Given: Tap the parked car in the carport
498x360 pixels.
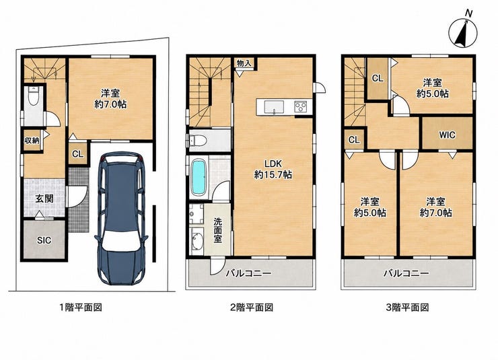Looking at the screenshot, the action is click(x=122, y=219).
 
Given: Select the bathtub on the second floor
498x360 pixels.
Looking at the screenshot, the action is click(x=199, y=177).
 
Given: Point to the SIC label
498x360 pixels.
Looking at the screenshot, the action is click(x=44, y=240).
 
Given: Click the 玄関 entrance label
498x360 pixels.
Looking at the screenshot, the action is click(x=44, y=199).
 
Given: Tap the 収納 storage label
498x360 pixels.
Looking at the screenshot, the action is click(x=32, y=140).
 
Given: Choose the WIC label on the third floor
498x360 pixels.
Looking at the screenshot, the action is click(x=447, y=135).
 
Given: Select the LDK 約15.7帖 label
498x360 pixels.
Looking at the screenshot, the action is click(x=273, y=169).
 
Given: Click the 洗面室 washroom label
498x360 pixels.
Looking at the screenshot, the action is click(x=217, y=230).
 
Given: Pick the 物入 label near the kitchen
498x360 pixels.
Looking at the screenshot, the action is click(x=244, y=63).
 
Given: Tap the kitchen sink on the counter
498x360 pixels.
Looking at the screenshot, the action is click(x=274, y=107).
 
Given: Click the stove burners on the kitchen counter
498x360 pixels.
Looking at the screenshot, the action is click(x=300, y=106).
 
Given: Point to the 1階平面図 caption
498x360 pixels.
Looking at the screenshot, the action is click(x=81, y=308).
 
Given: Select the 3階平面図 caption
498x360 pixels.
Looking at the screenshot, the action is click(x=407, y=308).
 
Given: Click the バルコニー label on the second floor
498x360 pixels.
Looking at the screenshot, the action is click(x=248, y=273).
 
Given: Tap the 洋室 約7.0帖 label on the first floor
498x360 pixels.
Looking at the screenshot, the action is click(x=110, y=99).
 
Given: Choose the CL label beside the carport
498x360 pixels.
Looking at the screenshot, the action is click(x=77, y=154).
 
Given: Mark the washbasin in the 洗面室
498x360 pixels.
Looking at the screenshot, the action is click(x=198, y=242).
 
